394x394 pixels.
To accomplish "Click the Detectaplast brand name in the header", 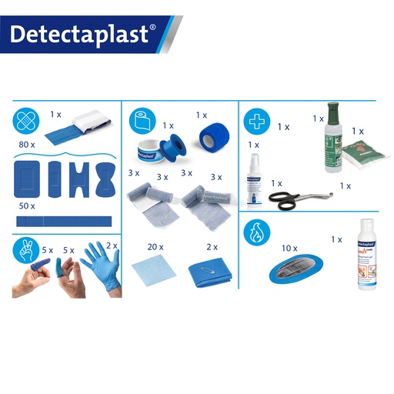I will tap(83, 34).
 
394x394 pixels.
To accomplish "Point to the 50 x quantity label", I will tap(28, 206).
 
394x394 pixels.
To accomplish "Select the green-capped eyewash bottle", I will tap(332, 134).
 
